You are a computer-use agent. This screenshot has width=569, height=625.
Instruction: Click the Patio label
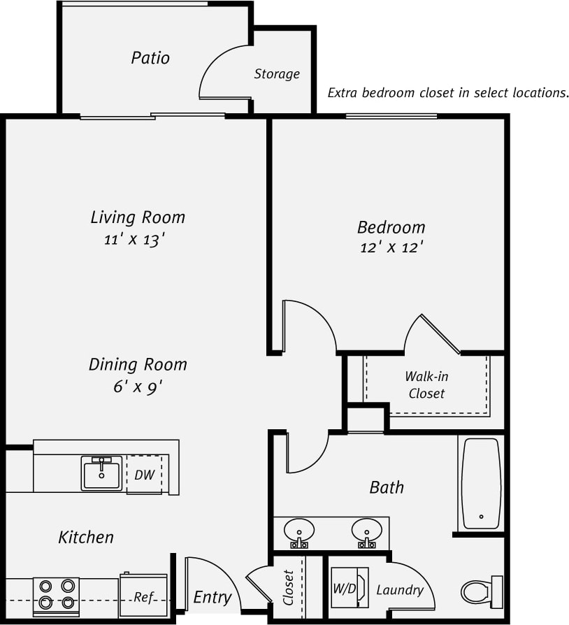(x=150, y=57)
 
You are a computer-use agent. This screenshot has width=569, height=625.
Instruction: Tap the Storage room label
(x=277, y=73)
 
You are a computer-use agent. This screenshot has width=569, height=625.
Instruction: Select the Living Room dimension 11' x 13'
(x=134, y=240)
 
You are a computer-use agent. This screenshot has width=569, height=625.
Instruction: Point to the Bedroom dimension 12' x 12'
(x=391, y=247)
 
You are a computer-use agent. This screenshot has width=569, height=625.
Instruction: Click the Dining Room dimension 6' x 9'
(x=138, y=387)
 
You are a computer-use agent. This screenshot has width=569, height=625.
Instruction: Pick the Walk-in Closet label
(x=426, y=385)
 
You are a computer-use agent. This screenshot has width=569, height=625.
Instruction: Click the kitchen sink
(x=101, y=473)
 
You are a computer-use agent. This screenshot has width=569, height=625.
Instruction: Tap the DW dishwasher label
(x=144, y=475)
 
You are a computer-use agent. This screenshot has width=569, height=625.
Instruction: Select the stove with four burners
(x=57, y=594)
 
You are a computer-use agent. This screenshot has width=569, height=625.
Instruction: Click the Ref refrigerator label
(x=144, y=597)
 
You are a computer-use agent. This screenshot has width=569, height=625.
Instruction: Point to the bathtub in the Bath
(x=481, y=483)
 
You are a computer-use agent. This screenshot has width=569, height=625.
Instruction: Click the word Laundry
(x=400, y=590)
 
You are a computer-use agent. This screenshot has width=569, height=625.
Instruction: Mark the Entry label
(x=212, y=597)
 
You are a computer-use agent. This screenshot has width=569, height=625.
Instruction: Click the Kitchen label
(x=85, y=537)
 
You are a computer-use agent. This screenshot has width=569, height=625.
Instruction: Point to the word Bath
(x=387, y=487)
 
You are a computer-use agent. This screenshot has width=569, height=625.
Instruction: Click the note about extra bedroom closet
(x=448, y=93)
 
